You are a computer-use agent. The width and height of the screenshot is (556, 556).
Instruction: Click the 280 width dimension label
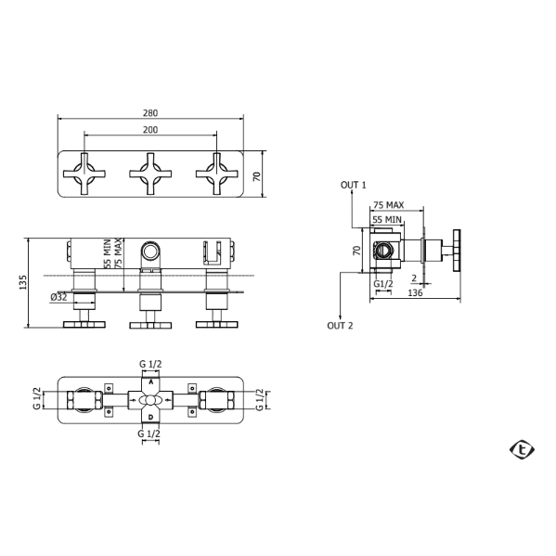(x=150, y=113)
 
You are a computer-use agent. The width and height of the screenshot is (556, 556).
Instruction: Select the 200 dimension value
(x=150, y=130)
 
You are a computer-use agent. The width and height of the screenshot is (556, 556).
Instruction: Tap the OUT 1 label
(x=353, y=185)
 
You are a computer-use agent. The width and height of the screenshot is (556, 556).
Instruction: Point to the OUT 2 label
(x=340, y=326)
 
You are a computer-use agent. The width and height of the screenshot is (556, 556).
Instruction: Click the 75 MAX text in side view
(x=388, y=205)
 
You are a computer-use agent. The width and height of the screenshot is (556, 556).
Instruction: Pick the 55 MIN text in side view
(x=387, y=219)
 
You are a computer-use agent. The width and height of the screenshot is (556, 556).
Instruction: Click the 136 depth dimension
(x=415, y=293)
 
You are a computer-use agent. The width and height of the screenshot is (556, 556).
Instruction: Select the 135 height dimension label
(x=23, y=282)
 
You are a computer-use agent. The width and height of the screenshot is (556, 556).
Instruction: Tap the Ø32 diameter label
(x=58, y=297)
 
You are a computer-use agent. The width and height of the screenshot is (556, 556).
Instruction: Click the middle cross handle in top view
(x=150, y=174)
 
